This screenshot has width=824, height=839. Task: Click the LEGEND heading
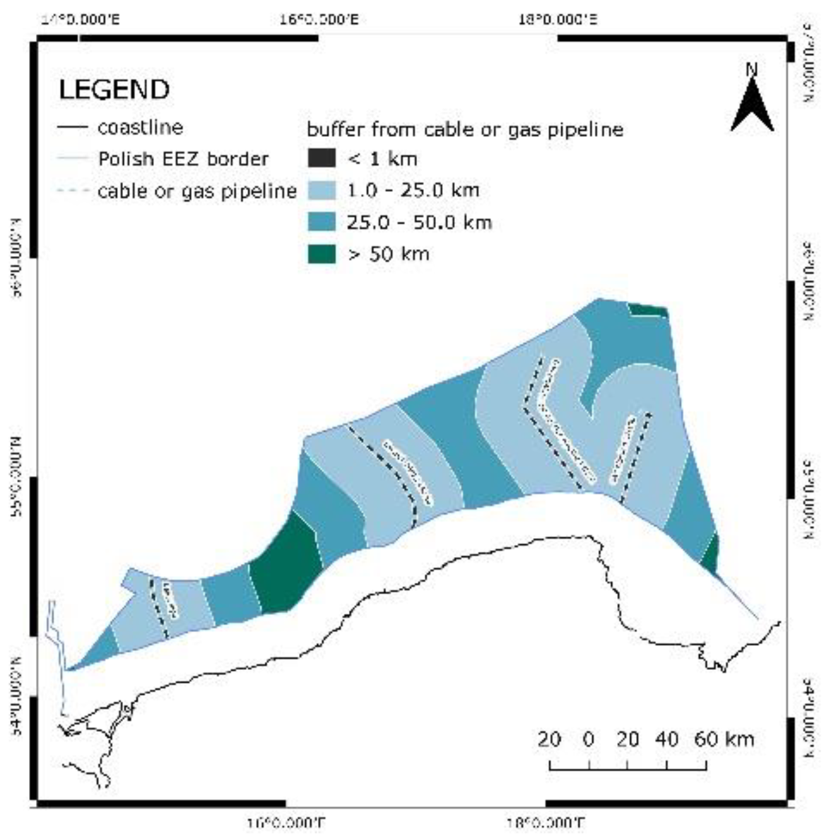click(x=114, y=90)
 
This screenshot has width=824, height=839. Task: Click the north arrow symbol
click(x=752, y=107)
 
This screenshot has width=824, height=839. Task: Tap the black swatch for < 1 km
click(x=321, y=158)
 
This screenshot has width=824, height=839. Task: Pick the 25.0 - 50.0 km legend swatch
click(x=321, y=222)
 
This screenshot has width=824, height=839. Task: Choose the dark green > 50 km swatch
click(x=321, y=254)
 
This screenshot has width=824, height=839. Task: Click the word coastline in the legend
click(x=140, y=127)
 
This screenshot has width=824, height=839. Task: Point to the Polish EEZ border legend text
click(x=183, y=159)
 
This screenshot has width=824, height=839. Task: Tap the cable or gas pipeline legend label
click(x=197, y=191)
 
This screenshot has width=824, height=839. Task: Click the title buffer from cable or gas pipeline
click(x=465, y=130)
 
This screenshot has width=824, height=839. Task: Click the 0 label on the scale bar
click(x=589, y=739)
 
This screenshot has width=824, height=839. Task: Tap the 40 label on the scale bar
click(x=667, y=739)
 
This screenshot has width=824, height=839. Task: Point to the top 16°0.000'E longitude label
click(x=319, y=20)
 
